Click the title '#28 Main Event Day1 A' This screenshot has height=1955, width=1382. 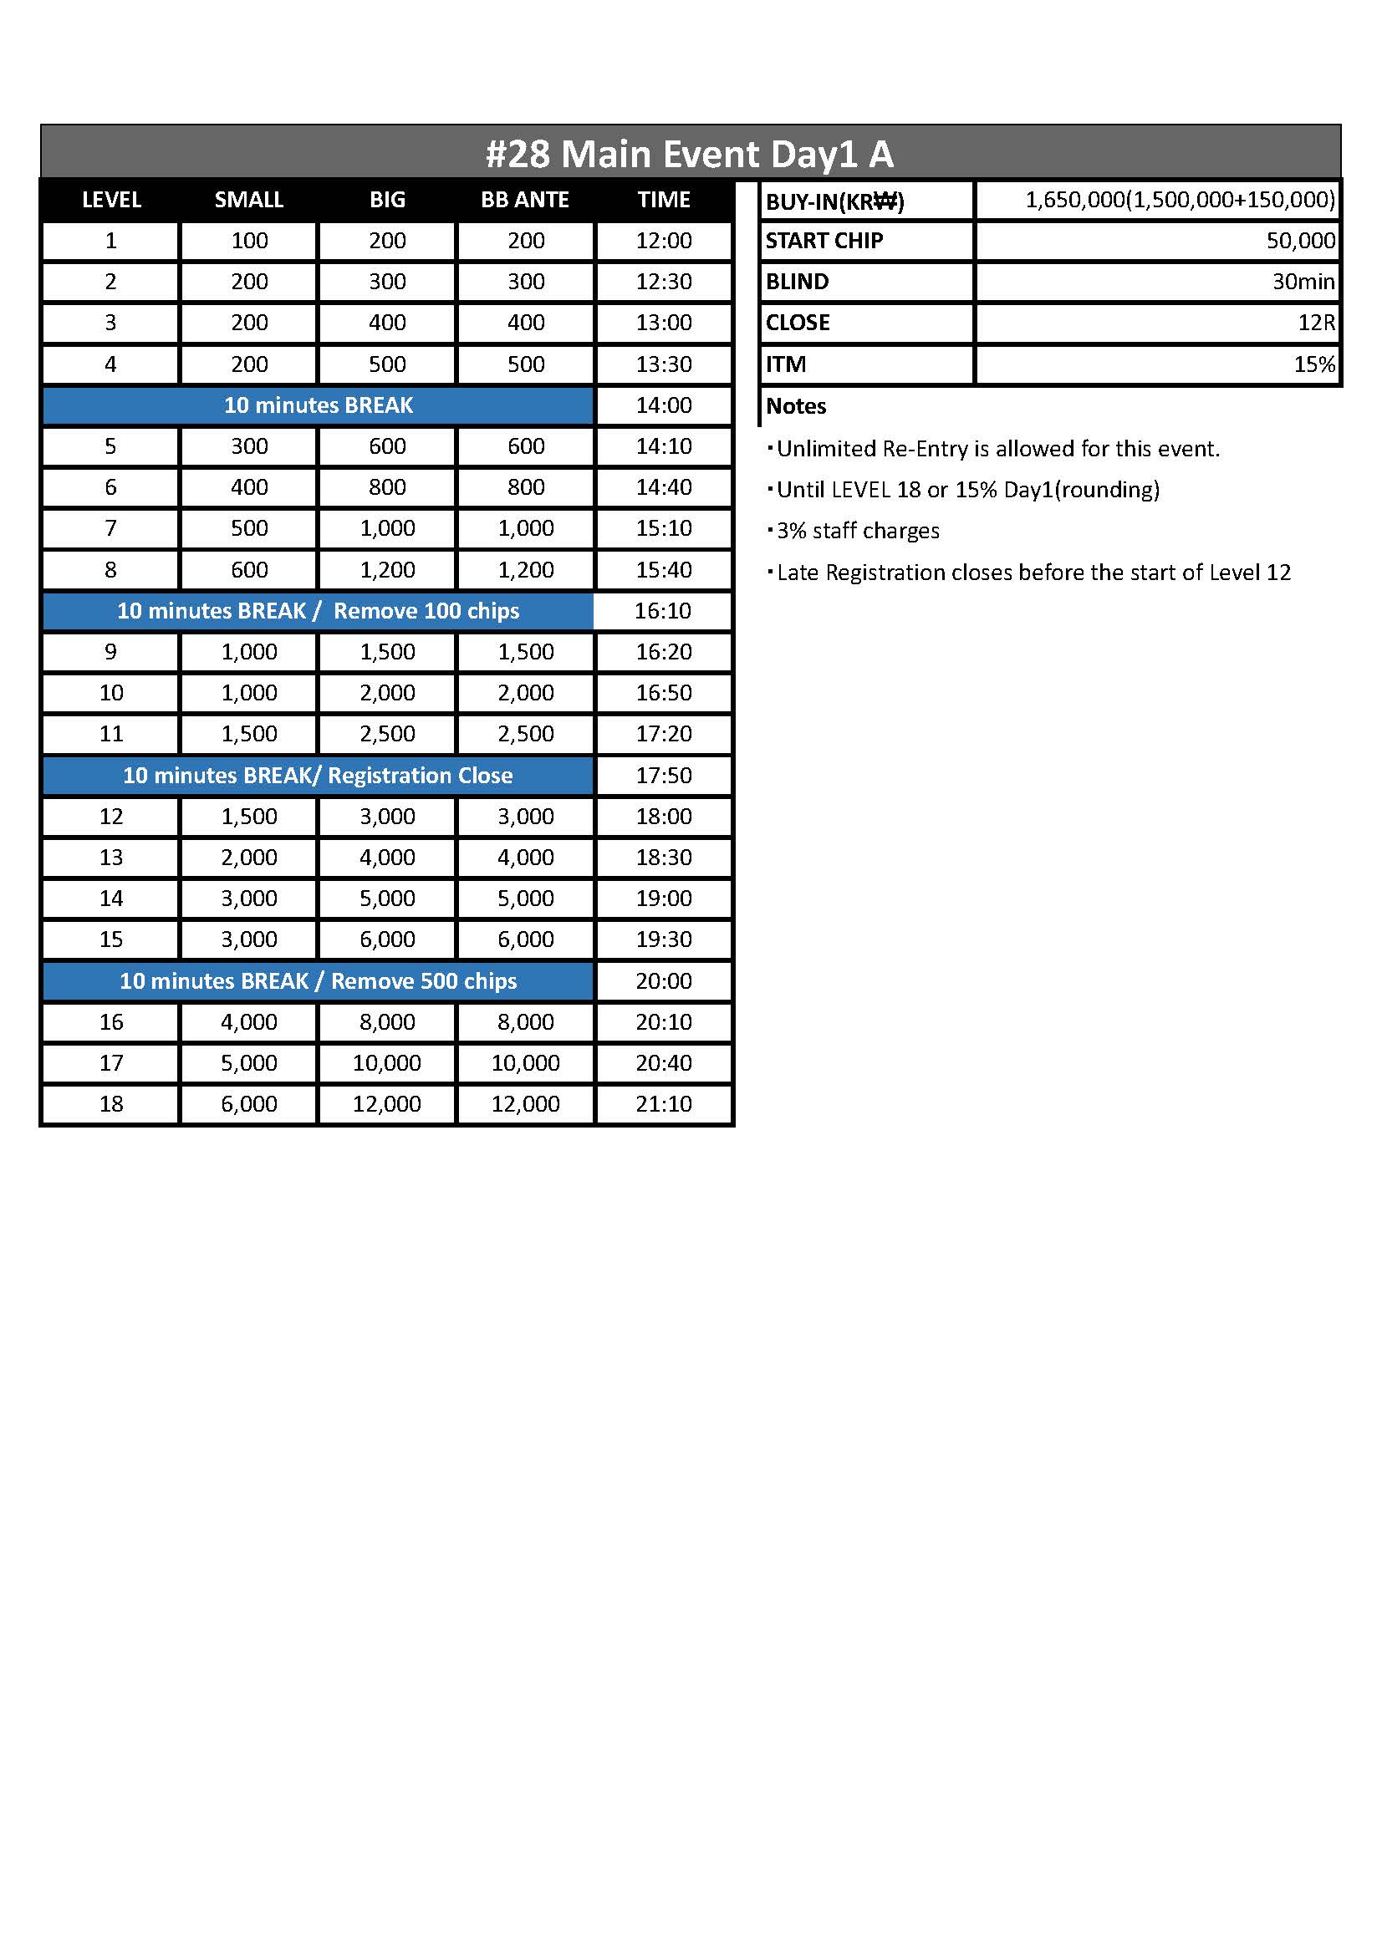tap(690, 154)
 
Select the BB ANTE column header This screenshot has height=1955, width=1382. tap(524, 200)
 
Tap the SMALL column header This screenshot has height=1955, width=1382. tap(248, 200)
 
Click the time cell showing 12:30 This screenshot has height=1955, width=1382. tap(663, 282)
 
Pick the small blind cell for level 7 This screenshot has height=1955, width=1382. tap(248, 528)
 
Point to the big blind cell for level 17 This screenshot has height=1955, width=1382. tap(386, 1062)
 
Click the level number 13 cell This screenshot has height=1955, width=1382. tap(110, 858)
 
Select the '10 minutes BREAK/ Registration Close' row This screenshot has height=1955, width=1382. tap(318, 776)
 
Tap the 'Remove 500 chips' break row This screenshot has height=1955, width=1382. tap(318, 981)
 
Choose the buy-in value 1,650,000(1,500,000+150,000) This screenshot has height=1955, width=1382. tap(1180, 200)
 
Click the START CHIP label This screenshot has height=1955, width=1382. tap(824, 241)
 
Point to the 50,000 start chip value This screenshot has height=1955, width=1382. tap(1300, 241)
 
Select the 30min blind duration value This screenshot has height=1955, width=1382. tap(1303, 282)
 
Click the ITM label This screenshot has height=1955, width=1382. tap(785, 364)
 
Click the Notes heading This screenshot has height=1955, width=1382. tap(795, 406)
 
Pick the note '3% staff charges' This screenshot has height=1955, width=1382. tap(858, 532)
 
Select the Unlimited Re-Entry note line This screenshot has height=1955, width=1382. tap(997, 449)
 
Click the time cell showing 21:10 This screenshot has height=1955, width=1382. tap(663, 1104)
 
